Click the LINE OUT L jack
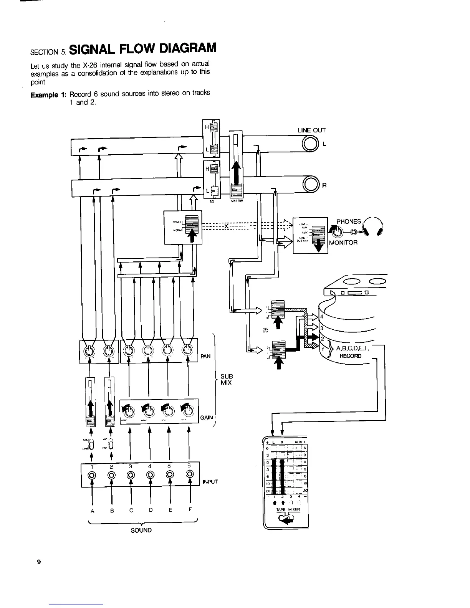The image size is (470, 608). tap(310, 144)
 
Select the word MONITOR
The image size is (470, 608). tap(343, 242)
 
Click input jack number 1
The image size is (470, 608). tap(92, 475)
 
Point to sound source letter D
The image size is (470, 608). tap(151, 511)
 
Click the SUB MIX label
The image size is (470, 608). tap(226, 379)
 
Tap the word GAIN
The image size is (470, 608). tap(207, 417)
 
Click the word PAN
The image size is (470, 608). tap(206, 356)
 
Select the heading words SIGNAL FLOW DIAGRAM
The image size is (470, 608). tap(144, 48)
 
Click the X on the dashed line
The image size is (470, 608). tap(227, 226)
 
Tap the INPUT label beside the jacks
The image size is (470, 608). tap(210, 481)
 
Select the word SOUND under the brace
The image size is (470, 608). tap(141, 530)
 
